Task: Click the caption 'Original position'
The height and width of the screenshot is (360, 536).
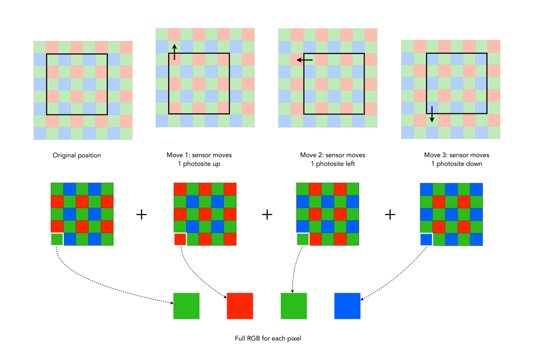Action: pyautogui.click(x=77, y=155)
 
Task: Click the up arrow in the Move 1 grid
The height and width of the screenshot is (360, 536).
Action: pyautogui.click(x=174, y=52)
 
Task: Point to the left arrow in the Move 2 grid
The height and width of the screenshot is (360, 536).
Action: pyautogui.click(x=304, y=60)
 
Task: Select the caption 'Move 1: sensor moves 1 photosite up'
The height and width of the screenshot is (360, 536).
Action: pyautogui.click(x=199, y=160)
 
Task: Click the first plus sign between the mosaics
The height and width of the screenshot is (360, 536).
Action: pyautogui.click(x=141, y=215)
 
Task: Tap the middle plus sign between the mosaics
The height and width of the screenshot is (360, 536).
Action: pyautogui.click(x=267, y=215)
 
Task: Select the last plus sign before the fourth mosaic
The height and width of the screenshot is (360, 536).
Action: pyautogui.click(x=390, y=215)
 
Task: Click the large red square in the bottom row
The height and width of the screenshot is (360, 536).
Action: pyautogui.click(x=240, y=306)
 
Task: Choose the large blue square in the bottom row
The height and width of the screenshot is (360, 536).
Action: pyautogui.click(x=347, y=306)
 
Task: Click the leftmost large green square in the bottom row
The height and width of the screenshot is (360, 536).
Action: pyautogui.click(x=186, y=306)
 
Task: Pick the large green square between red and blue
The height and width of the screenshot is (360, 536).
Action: pyautogui.click(x=294, y=306)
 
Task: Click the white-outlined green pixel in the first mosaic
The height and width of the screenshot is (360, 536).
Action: pyautogui.click(x=57, y=239)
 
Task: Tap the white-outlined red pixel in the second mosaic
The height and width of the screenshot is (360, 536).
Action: pyautogui.click(x=180, y=239)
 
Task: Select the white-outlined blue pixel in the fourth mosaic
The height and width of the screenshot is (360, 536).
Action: pyautogui.click(x=426, y=239)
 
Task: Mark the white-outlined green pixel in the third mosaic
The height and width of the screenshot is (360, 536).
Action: pyautogui.click(x=303, y=239)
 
